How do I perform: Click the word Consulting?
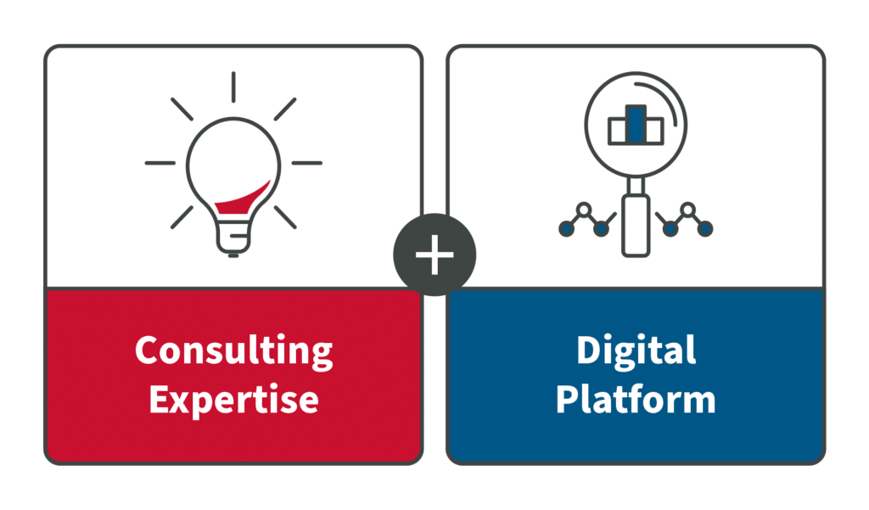234,351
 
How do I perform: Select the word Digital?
636,351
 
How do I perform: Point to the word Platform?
636,399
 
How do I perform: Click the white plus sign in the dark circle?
434,255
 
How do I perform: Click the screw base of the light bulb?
233,239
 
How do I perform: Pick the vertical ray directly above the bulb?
233,87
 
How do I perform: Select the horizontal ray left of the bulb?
160,163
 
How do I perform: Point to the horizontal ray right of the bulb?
307,163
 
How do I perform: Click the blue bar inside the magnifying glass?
636,124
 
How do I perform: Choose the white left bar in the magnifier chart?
618,132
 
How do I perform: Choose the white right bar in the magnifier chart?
654,132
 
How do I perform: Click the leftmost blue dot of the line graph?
566,227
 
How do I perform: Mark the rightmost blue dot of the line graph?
704,227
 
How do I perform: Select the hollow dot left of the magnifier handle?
584,210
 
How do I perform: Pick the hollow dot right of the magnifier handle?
687,210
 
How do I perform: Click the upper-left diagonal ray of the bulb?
182,109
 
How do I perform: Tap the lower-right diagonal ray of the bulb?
285,217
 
